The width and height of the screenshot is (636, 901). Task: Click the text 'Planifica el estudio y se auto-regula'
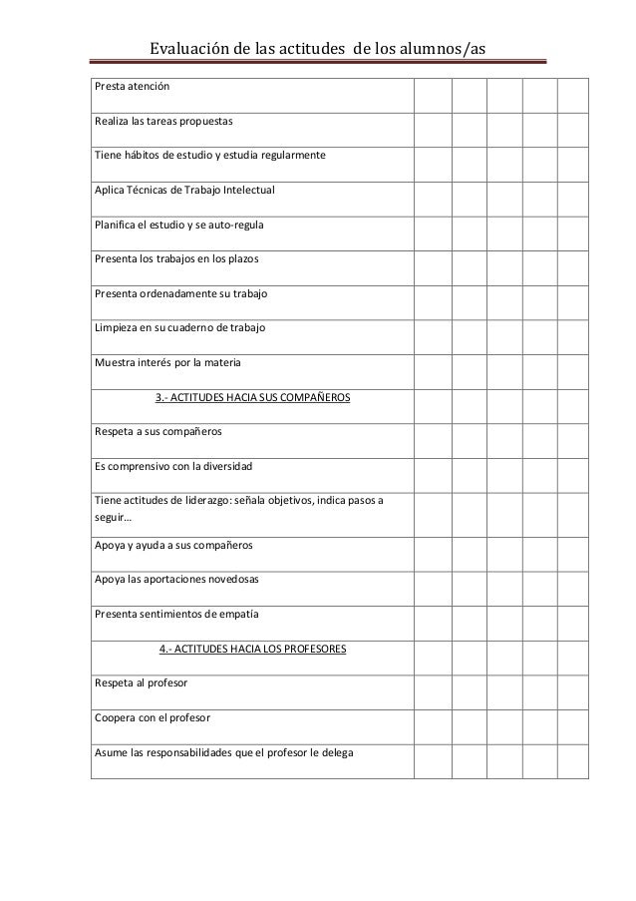179,225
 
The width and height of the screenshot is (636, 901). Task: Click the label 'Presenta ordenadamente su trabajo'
180,294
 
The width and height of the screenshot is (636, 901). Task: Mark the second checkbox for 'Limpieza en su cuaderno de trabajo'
469,336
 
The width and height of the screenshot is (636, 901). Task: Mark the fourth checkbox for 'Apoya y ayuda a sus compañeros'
539,554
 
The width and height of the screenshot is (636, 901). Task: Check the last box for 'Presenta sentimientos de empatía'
573,621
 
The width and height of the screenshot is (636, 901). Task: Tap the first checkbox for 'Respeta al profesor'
433,691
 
